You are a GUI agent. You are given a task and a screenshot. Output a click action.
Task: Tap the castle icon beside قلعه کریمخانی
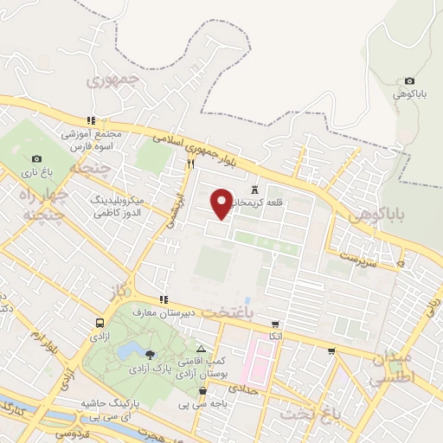[254, 189]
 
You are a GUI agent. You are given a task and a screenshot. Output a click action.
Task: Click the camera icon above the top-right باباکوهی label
[409, 81]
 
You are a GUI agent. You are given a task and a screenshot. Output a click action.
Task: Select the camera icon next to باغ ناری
[36, 158]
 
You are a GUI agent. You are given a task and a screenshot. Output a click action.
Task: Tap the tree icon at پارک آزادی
[151, 355]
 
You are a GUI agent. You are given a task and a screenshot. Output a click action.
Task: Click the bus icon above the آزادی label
[100, 323]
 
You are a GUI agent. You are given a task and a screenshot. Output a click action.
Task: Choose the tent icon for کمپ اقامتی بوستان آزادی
[202, 346]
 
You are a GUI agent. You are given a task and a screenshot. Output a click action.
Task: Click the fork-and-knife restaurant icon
[189, 163]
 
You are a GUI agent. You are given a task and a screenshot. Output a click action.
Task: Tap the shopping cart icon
[331, 350]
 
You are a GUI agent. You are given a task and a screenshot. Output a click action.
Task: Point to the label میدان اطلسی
[395, 369]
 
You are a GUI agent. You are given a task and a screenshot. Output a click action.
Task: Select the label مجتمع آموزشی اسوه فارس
[91, 140]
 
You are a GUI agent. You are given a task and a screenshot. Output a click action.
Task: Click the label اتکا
[275, 335]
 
